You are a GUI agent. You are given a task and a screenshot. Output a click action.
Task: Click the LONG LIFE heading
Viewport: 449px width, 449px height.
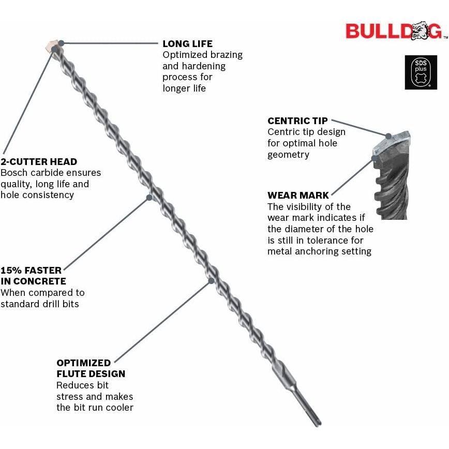point(188,44)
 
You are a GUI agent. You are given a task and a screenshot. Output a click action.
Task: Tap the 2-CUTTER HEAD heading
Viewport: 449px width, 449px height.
point(39,162)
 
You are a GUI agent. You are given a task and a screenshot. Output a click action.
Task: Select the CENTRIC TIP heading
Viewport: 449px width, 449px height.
point(297,121)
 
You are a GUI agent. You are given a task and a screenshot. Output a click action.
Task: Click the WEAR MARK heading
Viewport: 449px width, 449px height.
point(298,196)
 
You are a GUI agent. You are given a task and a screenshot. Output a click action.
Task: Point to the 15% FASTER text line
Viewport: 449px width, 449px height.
point(31,271)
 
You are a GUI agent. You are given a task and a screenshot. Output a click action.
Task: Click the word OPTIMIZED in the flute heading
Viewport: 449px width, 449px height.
point(84,363)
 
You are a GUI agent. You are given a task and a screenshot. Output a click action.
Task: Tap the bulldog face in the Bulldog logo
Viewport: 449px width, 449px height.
point(421,30)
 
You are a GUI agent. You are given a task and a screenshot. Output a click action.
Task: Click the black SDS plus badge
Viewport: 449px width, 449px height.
point(421,72)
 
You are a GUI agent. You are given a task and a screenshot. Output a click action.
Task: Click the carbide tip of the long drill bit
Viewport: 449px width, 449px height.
point(52,47)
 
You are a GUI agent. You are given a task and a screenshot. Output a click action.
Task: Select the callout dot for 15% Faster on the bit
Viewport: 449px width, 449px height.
point(149,198)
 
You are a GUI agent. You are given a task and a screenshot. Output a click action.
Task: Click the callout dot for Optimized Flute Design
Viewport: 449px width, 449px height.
point(211,280)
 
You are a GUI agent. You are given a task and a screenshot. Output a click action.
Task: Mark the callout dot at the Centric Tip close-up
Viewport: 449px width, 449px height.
point(388,137)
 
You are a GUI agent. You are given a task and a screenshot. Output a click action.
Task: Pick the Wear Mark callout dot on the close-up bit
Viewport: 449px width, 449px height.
point(375,158)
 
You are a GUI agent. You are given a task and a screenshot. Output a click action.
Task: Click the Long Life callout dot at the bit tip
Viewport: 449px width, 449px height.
point(61,43)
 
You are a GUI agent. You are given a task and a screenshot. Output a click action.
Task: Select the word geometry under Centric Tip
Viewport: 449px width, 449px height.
point(288,155)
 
